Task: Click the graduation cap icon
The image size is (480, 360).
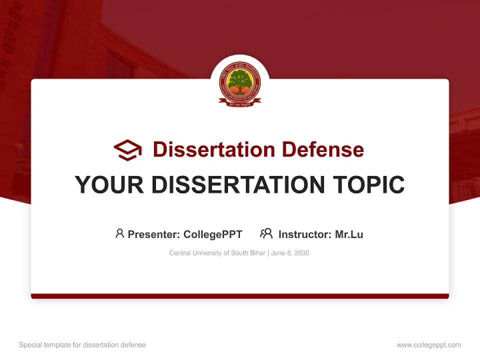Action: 127,149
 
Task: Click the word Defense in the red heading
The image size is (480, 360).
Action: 322,149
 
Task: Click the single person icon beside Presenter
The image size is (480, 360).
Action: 119,233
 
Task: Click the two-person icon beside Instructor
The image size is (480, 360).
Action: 266,233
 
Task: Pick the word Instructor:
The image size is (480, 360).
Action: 305,234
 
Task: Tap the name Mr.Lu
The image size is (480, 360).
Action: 349,234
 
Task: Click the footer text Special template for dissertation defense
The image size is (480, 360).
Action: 82,345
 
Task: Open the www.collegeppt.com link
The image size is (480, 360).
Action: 428,345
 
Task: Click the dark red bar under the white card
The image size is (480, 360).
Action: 240,296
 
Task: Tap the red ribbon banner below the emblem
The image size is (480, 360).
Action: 240,102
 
